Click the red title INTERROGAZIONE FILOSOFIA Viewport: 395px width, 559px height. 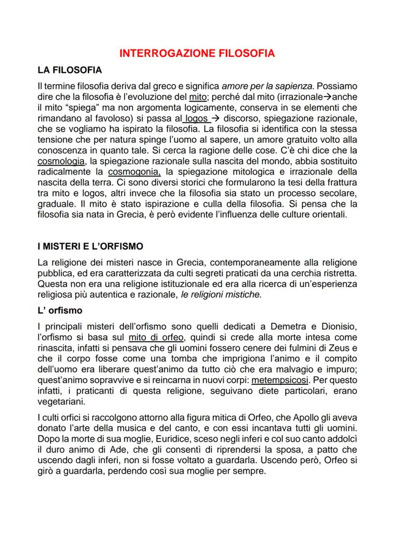pos(197,53)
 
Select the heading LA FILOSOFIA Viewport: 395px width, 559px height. pos(69,70)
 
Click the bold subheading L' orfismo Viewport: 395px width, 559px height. pos(60,310)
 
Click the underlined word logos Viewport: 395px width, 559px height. pos(196,117)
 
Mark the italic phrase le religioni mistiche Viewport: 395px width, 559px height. pos(221,295)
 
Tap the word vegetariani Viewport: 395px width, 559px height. pos(59,401)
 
